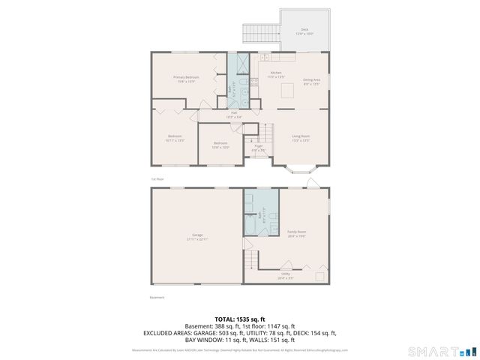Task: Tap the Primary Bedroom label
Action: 186,79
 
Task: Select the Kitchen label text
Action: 276,74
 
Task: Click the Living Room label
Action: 301,137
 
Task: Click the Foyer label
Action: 259,149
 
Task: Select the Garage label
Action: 197,237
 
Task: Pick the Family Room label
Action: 296,233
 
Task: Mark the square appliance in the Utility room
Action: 319,276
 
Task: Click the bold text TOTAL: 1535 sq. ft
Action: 240,319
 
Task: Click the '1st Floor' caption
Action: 157,179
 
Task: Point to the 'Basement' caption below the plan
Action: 157,297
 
